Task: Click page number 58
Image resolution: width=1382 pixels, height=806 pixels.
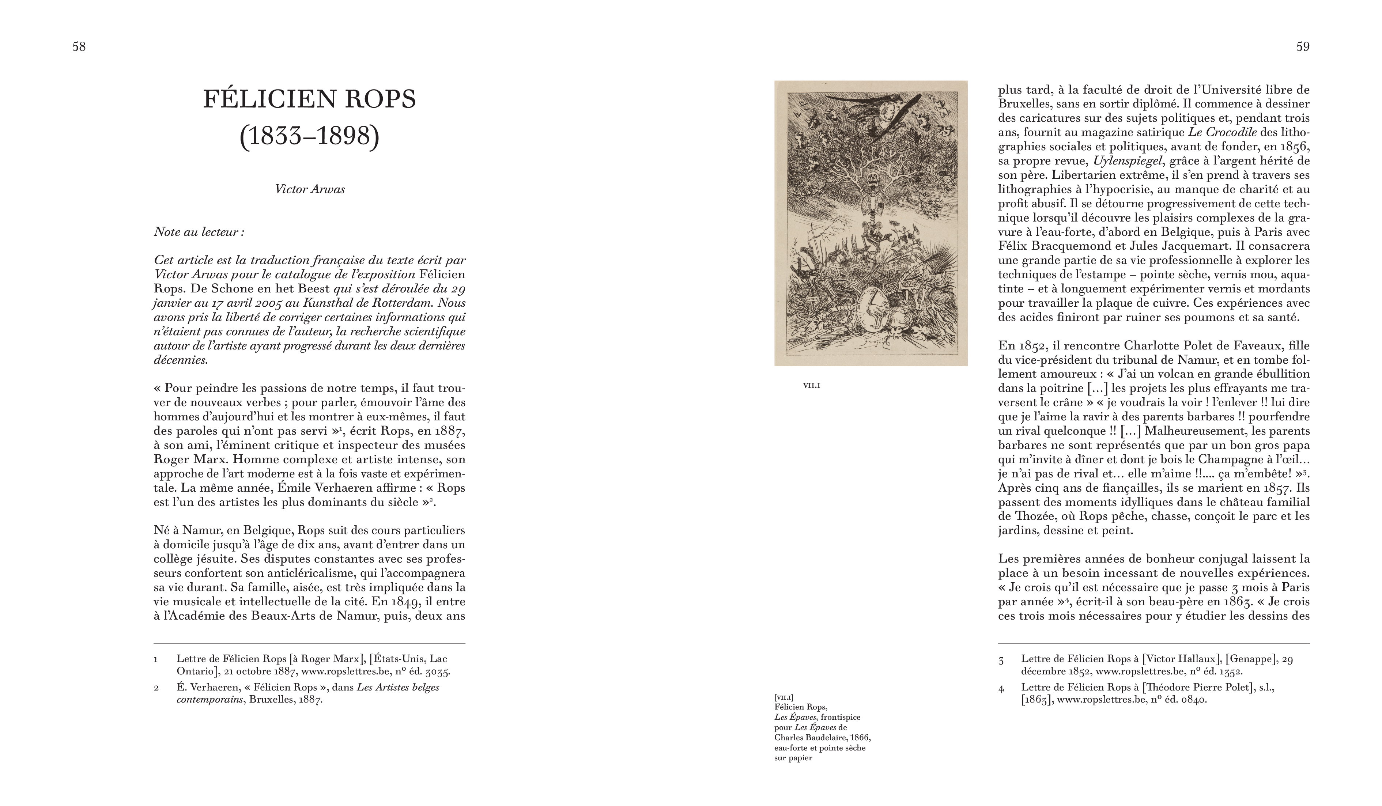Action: [x=79, y=47]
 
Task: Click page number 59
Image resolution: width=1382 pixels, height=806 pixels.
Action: [x=1302, y=47]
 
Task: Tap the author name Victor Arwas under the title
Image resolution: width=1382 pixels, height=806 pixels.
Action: [x=310, y=189]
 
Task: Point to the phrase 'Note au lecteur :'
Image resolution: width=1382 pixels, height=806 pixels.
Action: [x=199, y=232]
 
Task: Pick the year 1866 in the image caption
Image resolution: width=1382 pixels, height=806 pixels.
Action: [x=861, y=738]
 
